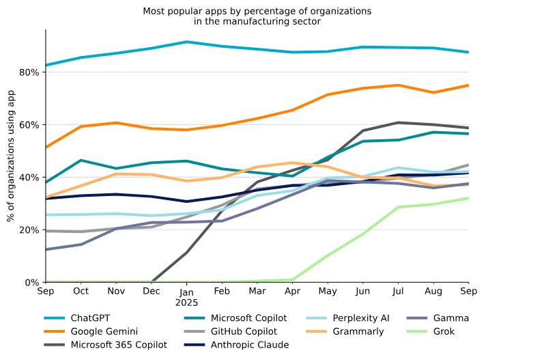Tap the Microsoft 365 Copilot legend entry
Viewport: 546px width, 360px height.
119,345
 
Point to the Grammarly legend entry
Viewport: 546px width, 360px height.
358,331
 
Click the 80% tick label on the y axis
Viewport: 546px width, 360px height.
30,72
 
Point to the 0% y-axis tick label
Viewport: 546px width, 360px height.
33,282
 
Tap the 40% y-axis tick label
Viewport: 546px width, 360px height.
30,178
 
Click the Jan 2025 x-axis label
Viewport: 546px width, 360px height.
187,296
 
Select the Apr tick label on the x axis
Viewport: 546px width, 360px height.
293,291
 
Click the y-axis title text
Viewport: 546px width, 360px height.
11,156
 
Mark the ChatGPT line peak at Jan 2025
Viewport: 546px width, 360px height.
187,42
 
